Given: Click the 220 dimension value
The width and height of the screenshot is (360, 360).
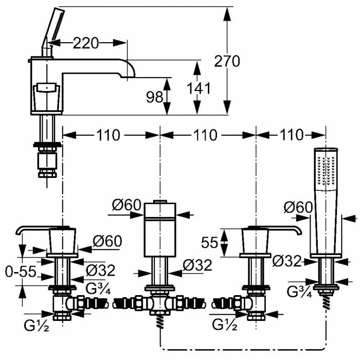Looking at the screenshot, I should [x=85, y=43].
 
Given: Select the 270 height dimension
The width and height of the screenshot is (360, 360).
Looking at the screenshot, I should [x=227, y=61].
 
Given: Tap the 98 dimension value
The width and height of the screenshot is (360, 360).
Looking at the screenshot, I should [x=154, y=97].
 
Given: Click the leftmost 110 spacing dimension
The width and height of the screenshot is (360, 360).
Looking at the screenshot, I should [x=108, y=135].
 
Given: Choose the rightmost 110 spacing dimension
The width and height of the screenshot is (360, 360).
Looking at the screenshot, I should [x=292, y=135].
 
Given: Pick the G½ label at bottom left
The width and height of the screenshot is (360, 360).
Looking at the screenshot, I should [x=35, y=325].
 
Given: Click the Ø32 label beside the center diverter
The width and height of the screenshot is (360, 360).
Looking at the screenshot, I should [x=197, y=265].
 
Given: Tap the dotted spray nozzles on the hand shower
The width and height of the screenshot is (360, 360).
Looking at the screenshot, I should [x=326, y=170].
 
